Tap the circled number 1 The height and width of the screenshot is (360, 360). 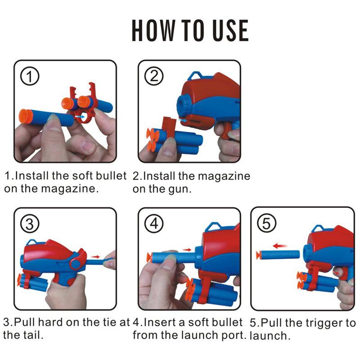pos(30,77)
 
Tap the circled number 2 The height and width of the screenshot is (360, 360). pos(154,76)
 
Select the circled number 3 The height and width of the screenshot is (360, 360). pos(30,224)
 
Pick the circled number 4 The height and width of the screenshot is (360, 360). pos(154,224)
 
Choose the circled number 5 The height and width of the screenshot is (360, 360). pos(266,224)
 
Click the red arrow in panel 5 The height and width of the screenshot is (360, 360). pos(280,246)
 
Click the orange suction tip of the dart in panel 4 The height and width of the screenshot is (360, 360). pos(148,257)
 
